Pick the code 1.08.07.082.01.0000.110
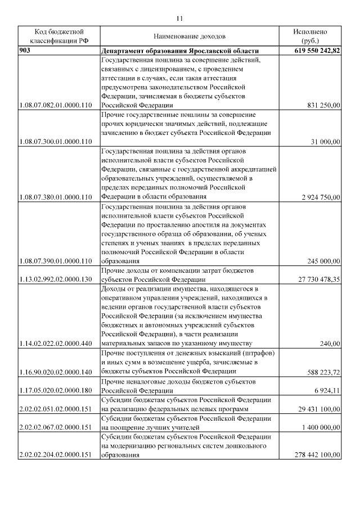pos(55,105)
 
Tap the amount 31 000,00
pos(326,142)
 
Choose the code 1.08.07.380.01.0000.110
pos(55,197)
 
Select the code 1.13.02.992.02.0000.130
pos(55,279)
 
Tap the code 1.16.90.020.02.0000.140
pos(55,371)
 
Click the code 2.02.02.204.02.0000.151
pos(55,454)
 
